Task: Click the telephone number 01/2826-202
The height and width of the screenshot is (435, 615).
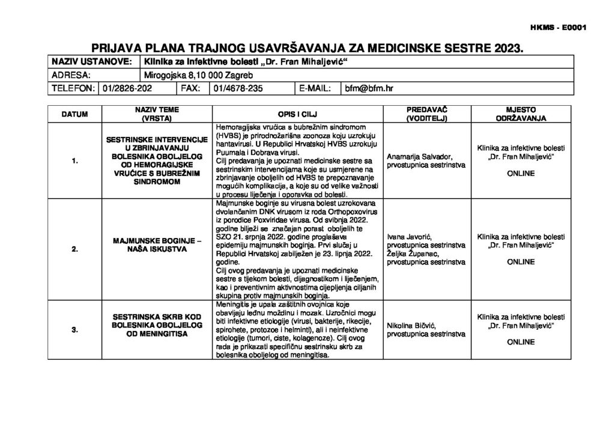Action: pyautogui.click(x=127, y=88)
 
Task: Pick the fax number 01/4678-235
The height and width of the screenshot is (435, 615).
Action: pyautogui.click(x=238, y=88)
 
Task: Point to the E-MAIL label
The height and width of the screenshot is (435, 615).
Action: pyautogui.click(x=315, y=88)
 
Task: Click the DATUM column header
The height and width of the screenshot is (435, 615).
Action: pyautogui.click(x=75, y=114)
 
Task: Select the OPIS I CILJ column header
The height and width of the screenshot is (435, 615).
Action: pyautogui.click(x=297, y=114)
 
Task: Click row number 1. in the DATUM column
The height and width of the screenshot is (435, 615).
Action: pyautogui.click(x=75, y=161)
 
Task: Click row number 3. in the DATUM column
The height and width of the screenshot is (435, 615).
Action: pyautogui.click(x=75, y=329)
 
